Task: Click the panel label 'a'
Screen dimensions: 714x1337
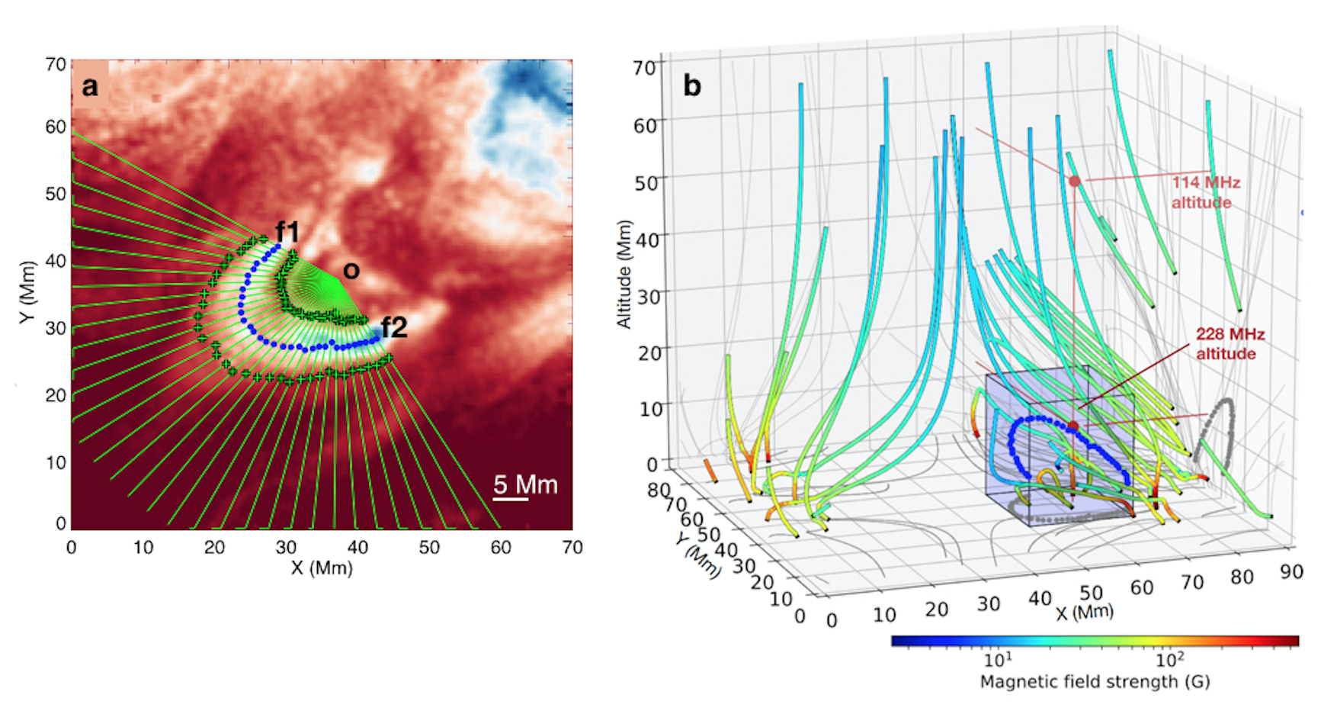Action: pos(90,87)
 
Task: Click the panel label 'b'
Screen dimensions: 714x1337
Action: pos(692,85)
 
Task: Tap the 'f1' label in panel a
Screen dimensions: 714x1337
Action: pos(288,231)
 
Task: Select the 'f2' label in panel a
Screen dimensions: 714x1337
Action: pos(394,328)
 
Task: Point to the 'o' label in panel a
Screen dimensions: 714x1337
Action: pos(351,270)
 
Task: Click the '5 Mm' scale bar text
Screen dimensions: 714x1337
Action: pos(525,484)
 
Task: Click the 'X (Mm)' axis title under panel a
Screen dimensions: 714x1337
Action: pos(322,568)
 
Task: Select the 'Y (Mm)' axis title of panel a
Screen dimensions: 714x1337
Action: pos(28,292)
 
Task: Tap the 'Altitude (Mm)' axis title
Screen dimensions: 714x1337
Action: pos(624,275)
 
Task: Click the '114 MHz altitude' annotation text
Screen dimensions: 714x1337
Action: pos(1205,192)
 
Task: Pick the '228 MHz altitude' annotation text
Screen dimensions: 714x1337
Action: pos(1229,343)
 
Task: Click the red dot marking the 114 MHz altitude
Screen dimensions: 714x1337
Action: pos(1075,182)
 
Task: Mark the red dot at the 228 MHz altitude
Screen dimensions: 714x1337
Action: pos(1073,426)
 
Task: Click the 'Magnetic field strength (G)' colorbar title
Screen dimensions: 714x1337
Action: pos(1095,682)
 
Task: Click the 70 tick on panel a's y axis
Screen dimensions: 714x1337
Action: pos(56,65)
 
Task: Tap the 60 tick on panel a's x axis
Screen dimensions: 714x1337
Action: pos(501,548)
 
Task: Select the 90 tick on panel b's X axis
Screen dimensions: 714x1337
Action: pos(1291,571)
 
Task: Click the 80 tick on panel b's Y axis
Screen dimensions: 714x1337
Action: pos(659,489)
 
